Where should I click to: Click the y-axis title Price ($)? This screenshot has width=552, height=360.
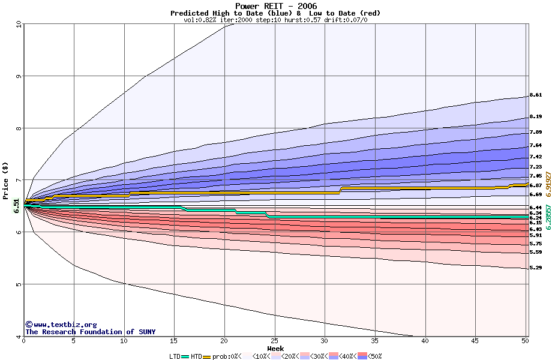point(6,180)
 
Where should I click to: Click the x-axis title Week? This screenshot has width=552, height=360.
point(275,348)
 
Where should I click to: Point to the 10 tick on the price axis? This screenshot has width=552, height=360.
point(19,25)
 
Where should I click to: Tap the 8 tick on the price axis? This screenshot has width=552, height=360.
point(19,128)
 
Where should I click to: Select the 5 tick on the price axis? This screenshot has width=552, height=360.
point(19,284)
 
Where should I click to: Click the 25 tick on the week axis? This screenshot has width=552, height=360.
point(275,341)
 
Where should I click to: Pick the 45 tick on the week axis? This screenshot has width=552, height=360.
point(475,341)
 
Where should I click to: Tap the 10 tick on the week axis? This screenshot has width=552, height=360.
point(124,341)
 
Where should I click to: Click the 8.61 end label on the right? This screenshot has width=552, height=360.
point(536,95)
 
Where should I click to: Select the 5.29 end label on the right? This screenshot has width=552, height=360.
point(536,268)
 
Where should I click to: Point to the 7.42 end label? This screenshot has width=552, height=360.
point(536,157)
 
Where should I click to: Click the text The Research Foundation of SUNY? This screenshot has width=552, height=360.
point(90,332)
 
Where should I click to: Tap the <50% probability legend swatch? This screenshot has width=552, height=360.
point(363,356)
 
